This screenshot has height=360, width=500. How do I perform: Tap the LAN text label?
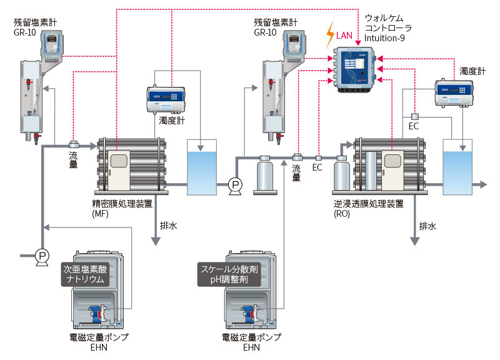click(345, 36)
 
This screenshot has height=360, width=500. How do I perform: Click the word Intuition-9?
click(384, 39)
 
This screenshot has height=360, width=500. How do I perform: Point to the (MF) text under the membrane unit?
click(101, 214)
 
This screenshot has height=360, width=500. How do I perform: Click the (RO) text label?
click(342, 214)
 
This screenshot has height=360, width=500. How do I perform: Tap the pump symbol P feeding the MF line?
click(42, 255)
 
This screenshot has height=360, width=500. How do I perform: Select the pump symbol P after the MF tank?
click(235, 184)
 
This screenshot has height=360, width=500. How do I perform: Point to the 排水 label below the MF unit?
click(169, 226)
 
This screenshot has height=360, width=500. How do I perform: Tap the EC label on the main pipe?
click(317, 168)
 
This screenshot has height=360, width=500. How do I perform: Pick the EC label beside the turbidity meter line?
click(414, 127)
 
